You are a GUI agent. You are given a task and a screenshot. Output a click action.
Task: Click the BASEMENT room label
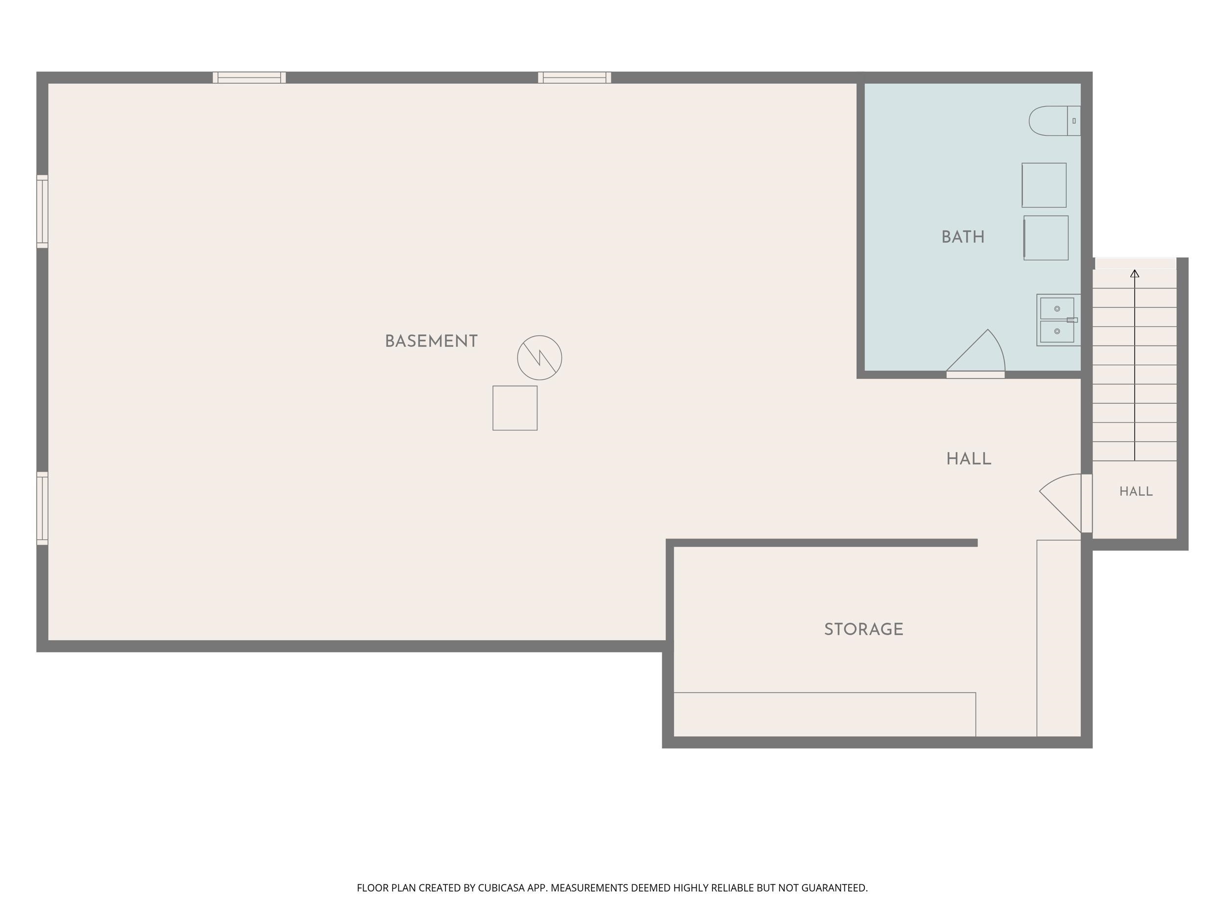point(431,341)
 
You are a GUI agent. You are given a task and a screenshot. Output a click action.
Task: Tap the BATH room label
point(963,237)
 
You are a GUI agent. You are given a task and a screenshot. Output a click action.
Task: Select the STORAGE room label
point(863,629)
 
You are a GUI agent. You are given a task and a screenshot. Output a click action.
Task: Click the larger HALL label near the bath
point(969,459)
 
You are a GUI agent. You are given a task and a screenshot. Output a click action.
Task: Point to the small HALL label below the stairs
point(1136,491)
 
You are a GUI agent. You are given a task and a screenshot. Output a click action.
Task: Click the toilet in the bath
point(1054,121)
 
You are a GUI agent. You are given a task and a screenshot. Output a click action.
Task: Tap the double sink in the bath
point(1058,320)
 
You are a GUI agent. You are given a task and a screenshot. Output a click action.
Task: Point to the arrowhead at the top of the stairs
point(1135,273)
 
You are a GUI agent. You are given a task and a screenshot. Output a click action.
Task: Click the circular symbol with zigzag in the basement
point(539,358)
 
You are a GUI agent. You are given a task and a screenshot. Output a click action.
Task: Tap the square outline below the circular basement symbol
point(515,408)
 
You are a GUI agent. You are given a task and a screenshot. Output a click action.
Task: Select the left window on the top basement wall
point(249,77)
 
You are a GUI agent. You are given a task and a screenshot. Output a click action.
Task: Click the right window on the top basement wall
point(574,77)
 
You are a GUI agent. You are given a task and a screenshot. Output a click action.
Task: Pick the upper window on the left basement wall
point(42,212)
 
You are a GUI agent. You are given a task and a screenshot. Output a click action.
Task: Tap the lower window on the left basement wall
point(42,509)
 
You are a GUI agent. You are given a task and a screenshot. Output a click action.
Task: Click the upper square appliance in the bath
point(1044,185)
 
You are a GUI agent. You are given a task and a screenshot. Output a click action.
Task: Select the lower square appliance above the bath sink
point(1046,238)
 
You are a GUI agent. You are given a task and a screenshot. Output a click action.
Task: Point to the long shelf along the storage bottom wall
point(825,715)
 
